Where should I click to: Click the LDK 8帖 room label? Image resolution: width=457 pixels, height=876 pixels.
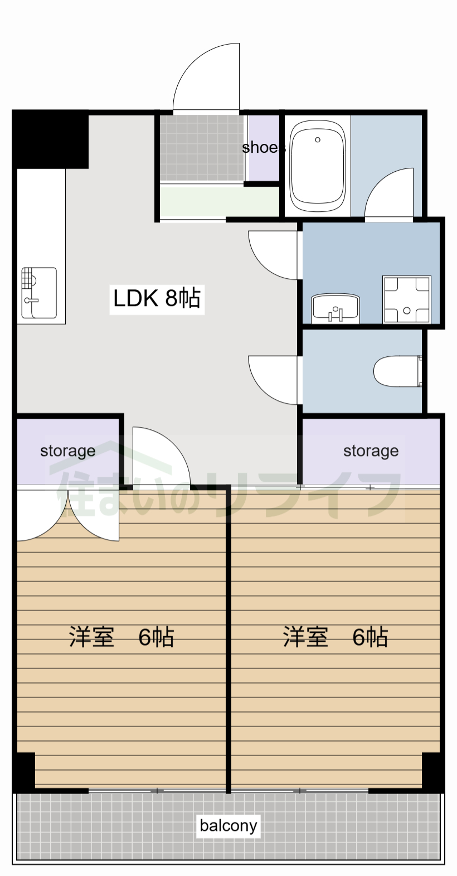157,298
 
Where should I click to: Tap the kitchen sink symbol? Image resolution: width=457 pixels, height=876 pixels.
38,293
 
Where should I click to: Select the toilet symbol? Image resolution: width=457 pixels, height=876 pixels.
397,371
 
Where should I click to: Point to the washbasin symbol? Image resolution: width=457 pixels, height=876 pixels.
336,308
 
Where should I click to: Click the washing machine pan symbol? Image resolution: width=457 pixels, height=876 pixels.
407,299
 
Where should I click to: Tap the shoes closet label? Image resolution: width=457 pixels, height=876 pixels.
263,148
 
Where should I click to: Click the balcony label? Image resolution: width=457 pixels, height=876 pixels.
229,825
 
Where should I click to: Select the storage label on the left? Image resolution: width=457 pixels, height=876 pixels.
67,451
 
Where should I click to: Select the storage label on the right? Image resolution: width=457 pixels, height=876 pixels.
371,451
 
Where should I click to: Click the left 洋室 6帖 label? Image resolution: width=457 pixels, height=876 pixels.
121,636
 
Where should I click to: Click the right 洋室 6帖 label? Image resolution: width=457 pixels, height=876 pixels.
335,636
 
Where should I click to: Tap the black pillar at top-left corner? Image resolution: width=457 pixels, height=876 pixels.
50,139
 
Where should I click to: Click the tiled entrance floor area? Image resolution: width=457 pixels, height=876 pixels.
202,148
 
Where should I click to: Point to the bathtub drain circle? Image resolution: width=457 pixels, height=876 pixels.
318,140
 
